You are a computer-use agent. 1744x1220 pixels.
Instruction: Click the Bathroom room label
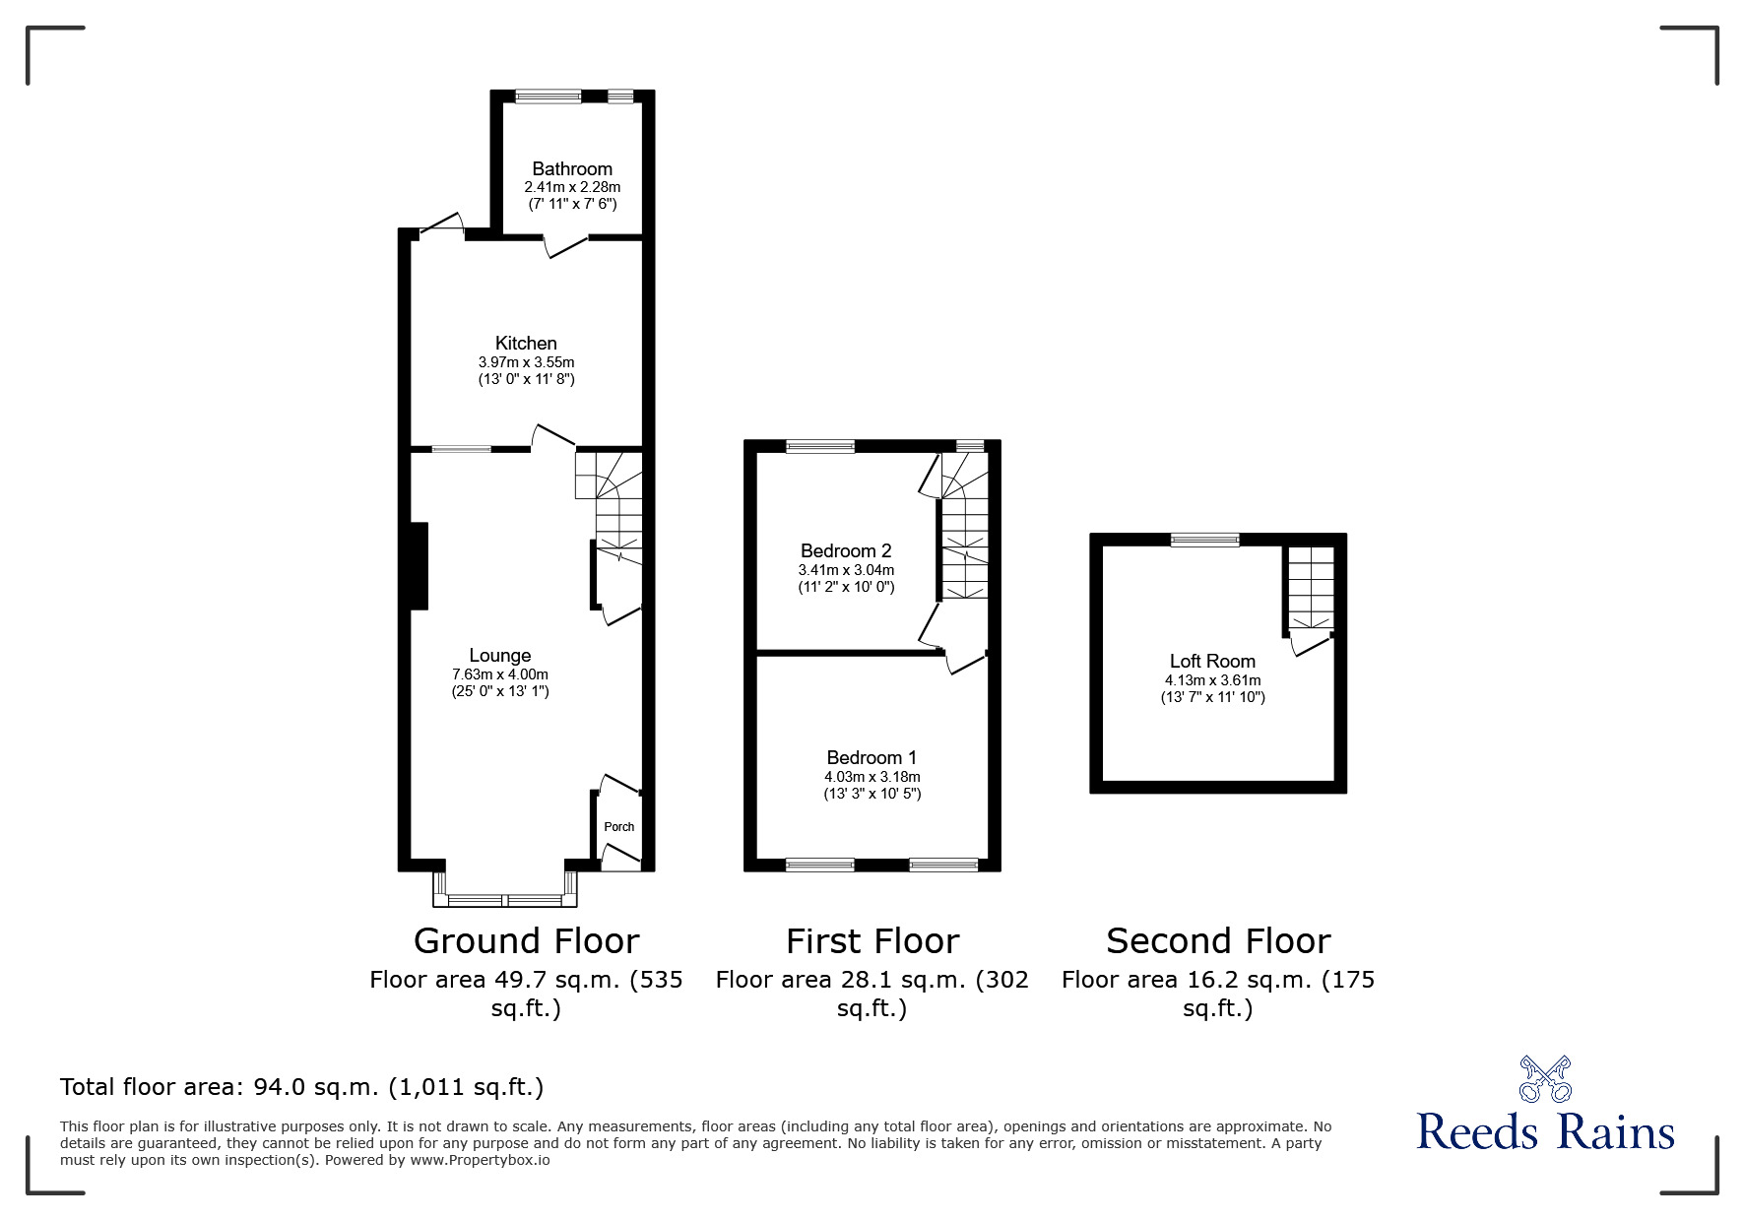[572, 168]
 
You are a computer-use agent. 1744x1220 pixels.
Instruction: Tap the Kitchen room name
[526, 343]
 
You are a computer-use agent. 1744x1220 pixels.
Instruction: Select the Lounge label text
[500, 656]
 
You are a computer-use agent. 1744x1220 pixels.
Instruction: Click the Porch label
[619, 827]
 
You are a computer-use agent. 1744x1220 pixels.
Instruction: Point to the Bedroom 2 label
[846, 550]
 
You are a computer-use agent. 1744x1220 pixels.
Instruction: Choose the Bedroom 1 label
[872, 757]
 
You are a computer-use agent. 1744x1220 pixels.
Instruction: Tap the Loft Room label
[1212, 662]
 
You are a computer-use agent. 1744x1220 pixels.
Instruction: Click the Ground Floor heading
[526, 941]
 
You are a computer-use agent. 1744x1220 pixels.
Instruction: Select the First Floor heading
[872, 941]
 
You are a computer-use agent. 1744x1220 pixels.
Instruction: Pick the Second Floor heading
[1218, 941]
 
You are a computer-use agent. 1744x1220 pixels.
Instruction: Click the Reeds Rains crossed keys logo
[1545, 1079]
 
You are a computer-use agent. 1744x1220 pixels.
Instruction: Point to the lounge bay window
[505, 900]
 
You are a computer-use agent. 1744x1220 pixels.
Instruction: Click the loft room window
[1205, 539]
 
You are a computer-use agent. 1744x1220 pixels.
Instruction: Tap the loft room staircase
[1309, 588]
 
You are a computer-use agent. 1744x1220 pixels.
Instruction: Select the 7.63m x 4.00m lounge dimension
[500, 674]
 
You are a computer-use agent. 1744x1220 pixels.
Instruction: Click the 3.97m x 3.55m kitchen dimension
[526, 362]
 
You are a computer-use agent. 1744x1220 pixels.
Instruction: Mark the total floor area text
[301, 1087]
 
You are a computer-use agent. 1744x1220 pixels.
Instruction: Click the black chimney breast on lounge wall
[420, 566]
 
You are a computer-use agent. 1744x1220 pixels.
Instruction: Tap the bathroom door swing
[566, 246]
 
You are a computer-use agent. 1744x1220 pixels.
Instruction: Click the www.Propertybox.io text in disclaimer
[481, 1160]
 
